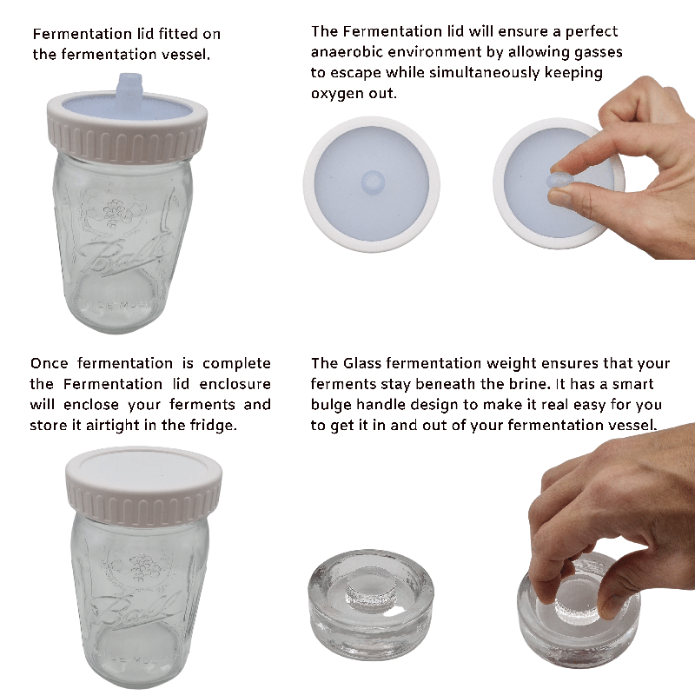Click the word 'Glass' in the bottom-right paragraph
[x=368, y=363]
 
